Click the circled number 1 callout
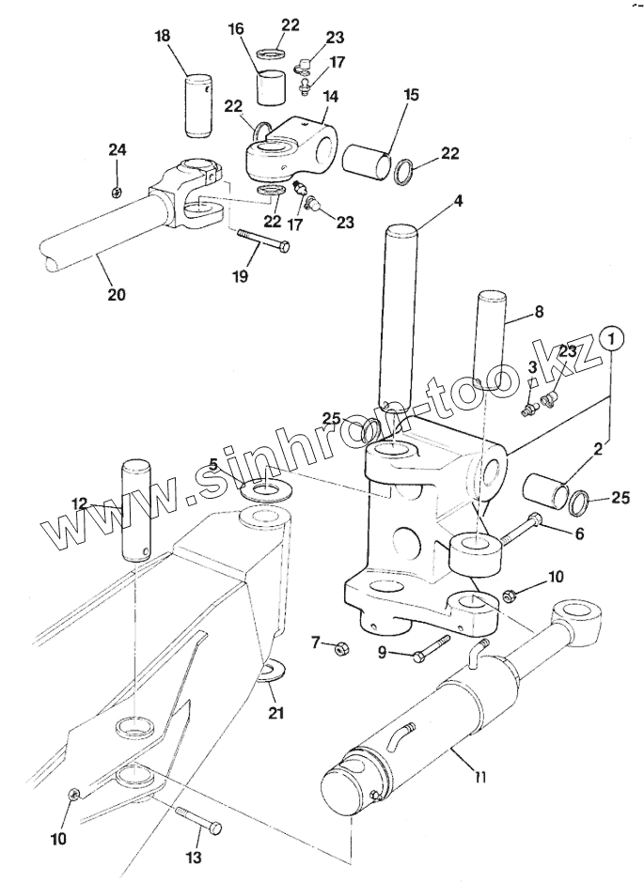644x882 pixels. [x=612, y=340]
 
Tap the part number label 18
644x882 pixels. [x=162, y=36]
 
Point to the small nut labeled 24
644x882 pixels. [x=117, y=193]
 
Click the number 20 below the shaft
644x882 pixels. [x=117, y=294]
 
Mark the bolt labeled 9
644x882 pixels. [x=432, y=648]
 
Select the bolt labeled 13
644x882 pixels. [x=199, y=818]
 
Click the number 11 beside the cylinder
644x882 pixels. [x=479, y=777]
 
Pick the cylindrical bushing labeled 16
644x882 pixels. [x=271, y=86]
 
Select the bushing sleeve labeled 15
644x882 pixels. [x=367, y=162]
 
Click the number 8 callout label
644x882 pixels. [x=538, y=311]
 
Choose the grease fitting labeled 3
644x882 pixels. [x=528, y=410]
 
